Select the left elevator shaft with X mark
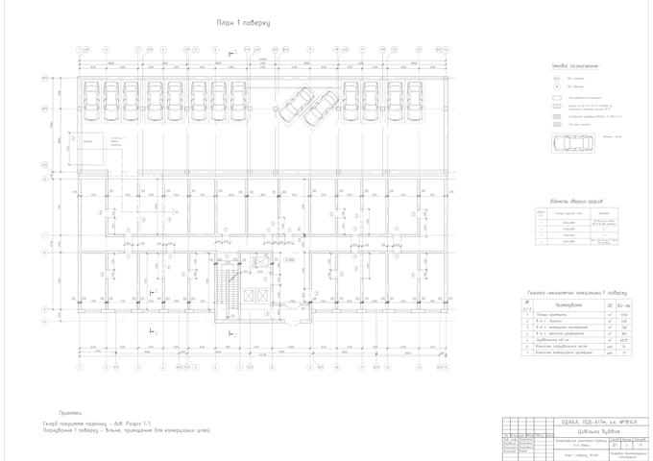tap(251, 294)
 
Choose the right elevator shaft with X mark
tap(267, 294)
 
